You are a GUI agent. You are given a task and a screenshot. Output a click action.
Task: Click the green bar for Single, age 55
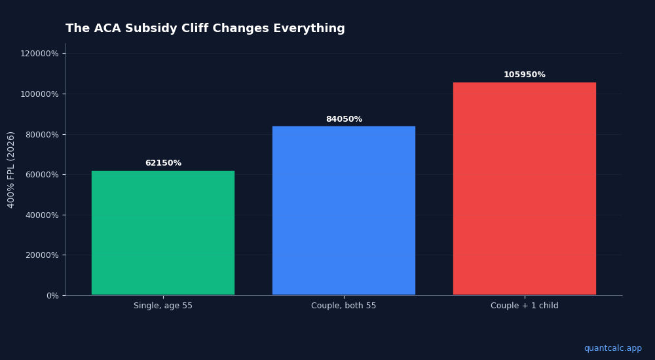click(x=163, y=232)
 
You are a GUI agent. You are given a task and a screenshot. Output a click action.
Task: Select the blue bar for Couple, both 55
click(x=344, y=210)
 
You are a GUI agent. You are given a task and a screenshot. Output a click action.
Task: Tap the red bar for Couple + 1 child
click(x=525, y=189)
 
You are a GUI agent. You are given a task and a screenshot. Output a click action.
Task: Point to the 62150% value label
click(x=163, y=163)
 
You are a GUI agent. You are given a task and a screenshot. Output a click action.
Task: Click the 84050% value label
click(x=344, y=119)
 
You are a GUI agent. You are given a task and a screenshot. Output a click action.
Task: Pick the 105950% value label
click(x=525, y=75)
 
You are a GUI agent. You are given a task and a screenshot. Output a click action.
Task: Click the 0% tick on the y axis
click(x=52, y=296)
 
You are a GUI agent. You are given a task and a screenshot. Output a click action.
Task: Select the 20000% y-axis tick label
click(x=42, y=255)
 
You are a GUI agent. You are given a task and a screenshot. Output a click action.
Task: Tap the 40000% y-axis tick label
click(x=42, y=215)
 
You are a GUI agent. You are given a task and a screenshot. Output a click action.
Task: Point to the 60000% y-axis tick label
click(x=42, y=175)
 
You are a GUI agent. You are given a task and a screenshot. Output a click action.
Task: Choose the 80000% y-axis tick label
click(x=42, y=134)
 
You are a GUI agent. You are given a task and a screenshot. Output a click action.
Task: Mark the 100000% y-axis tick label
click(x=39, y=94)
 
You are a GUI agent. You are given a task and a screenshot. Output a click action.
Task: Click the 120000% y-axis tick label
click(x=39, y=54)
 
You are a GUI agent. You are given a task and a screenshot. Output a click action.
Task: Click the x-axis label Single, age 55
click(x=163, y=306)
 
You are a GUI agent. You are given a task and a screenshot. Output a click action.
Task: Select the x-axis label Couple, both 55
click(x=344, y=306)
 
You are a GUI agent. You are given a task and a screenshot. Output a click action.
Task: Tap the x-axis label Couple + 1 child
click(x=525, y=306)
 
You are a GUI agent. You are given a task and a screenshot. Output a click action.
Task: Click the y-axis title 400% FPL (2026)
click(x=11, y=170)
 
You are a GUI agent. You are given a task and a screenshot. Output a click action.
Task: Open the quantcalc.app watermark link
click(x=612, y=348)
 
